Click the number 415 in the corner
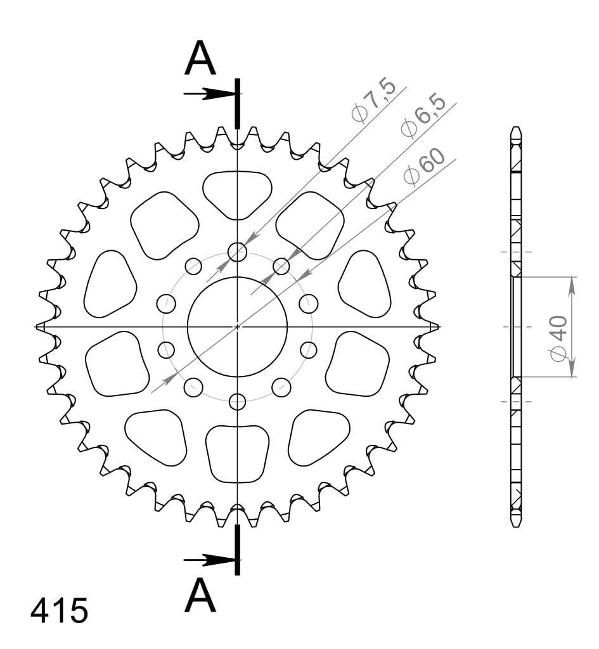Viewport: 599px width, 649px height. pos(59,610)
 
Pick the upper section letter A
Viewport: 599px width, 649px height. pos(200,58)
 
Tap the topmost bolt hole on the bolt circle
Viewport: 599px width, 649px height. pos(237,252)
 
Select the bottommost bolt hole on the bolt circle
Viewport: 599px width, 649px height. pos(237,401)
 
